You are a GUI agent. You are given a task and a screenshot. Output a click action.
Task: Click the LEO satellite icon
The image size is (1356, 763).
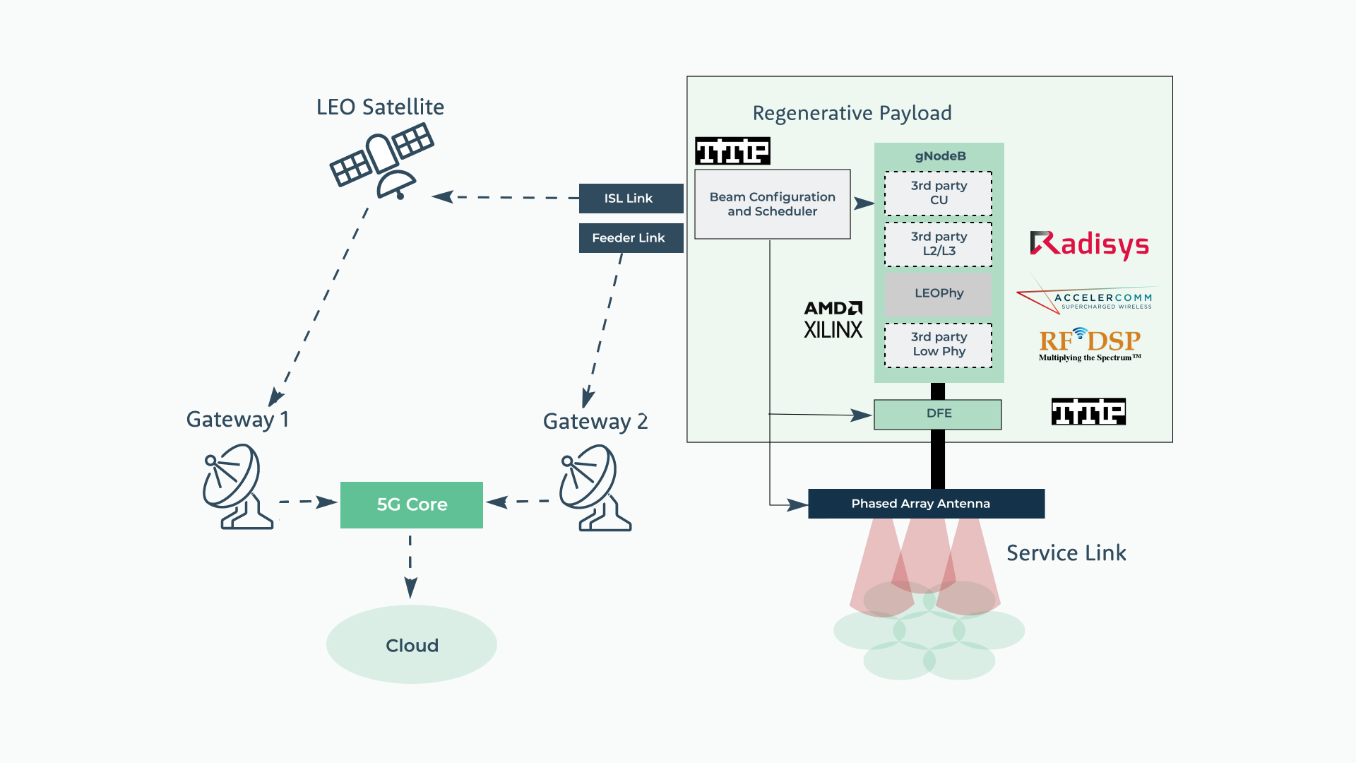[x=381, y=162]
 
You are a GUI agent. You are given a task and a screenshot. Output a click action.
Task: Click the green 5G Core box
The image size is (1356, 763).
[x=412, y=504]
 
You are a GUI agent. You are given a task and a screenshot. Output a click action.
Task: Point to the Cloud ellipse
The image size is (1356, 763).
[x=412, y=644]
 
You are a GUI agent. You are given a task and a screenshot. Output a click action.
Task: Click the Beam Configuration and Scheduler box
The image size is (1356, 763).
[x=772, y=204]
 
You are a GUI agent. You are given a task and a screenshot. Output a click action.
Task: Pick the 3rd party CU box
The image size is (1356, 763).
[x=938, y=193]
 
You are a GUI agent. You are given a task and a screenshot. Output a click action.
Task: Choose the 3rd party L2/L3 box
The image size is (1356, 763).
[x=938, y=244]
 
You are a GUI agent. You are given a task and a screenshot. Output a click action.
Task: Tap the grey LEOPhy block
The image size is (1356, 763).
[x=938, y=293]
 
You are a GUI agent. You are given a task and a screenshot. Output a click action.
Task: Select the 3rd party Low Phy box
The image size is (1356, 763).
[x=938, y=345]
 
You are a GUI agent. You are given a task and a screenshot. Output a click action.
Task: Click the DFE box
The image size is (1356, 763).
[x=938, y=414]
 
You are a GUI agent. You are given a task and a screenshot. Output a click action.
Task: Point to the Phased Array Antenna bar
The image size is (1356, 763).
[x=925, y=504]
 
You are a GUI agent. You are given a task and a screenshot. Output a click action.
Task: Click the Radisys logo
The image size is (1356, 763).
[x=1089, y=244]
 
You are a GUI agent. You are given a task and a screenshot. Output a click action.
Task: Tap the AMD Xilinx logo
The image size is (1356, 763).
[x=833, y=320]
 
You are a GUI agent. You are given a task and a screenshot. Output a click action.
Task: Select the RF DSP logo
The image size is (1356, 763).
[x=1090, y=344]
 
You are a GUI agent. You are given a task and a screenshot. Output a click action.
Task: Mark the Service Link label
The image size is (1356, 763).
[x=1066, y=553]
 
